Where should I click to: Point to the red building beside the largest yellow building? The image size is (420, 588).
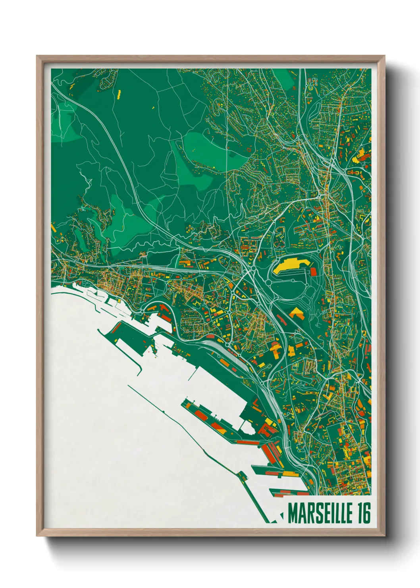tap(313, 272)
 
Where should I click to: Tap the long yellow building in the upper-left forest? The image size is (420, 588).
tap(119, 94)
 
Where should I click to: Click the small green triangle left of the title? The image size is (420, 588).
tap(282, 516)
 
